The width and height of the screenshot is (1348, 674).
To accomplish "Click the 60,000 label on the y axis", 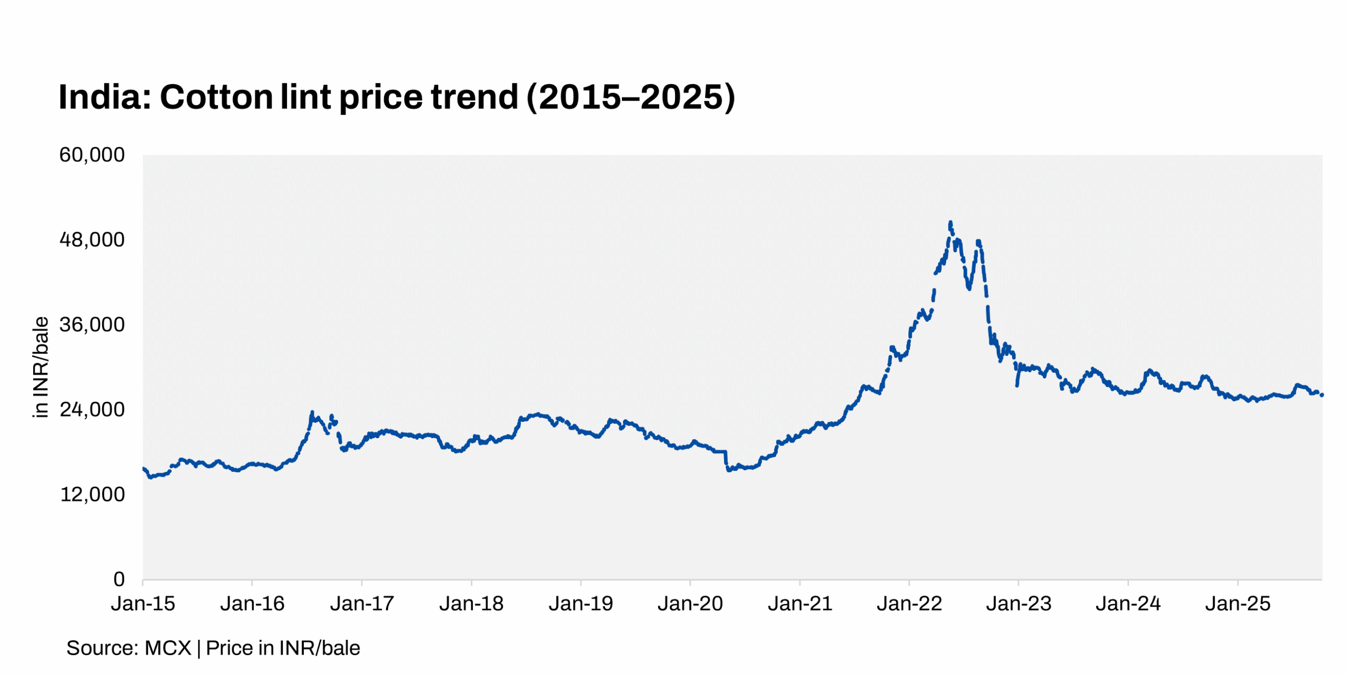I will coord(92,155).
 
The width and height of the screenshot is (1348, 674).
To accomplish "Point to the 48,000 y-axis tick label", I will coord(92,240).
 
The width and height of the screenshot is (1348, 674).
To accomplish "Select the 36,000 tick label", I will coord(92,324).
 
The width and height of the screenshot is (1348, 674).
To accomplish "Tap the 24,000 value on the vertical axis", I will coord(92,410).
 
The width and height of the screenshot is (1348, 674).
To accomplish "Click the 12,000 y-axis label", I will coord(92,494).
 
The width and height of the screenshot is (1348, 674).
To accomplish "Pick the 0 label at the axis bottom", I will coord(119,579).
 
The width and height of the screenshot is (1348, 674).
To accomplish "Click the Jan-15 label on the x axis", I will coord(143,603).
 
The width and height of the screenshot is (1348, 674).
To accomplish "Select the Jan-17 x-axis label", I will coord(362,603).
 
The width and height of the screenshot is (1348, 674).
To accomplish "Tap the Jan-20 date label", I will coord(690,603).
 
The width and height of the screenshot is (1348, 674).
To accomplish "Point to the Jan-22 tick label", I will coord(909,603).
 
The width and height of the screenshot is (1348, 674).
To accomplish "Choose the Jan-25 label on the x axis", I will coord(1237,603).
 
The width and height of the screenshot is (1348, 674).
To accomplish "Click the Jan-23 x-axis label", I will coord(1018,603).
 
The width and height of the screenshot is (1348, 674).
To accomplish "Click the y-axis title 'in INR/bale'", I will coord(41,367).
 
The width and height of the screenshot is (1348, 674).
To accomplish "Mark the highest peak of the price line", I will coord(950,223).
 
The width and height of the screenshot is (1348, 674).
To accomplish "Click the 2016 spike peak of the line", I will coord(312,413).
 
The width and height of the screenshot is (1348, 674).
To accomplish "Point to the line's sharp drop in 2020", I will coord(727,461).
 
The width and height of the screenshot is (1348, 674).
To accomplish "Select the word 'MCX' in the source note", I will coord(167,648).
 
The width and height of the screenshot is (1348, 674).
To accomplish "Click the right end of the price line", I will coord(1322,395).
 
